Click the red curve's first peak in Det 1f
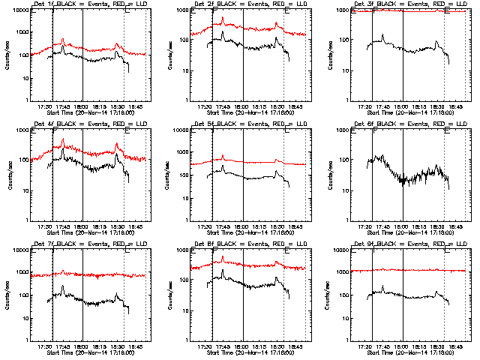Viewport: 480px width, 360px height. click(63, 40)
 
